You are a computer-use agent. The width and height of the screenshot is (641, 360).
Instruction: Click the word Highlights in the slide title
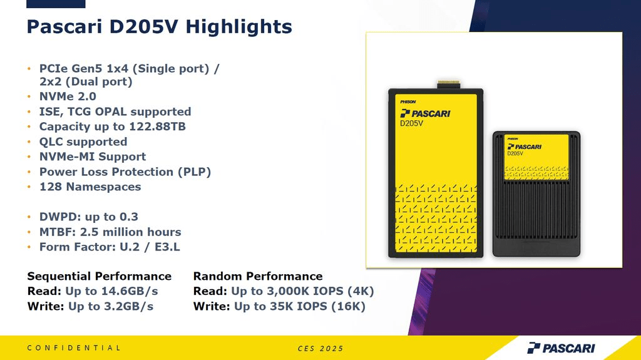(238, 28)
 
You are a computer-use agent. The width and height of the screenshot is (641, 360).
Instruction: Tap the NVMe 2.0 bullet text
(68, 96)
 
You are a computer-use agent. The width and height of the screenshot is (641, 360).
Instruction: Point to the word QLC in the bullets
(51, 142)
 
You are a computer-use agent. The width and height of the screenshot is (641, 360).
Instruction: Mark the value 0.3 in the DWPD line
(128, 217)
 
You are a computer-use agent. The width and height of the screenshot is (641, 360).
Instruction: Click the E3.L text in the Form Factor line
(167, 247)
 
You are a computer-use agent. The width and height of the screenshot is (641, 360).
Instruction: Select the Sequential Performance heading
(100, 277)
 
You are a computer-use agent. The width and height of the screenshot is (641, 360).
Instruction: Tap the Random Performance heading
(258, 277)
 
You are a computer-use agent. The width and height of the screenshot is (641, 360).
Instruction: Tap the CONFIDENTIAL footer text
(74, 348)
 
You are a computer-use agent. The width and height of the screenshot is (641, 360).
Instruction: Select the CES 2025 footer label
(320, 349)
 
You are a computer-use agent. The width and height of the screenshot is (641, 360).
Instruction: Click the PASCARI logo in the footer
(561, 348)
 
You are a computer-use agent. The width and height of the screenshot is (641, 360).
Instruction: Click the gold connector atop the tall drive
(448, 85)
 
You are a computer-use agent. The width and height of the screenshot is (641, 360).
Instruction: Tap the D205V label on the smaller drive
(515, 153)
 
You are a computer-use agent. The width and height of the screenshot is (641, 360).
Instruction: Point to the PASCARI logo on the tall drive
(425, 114)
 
